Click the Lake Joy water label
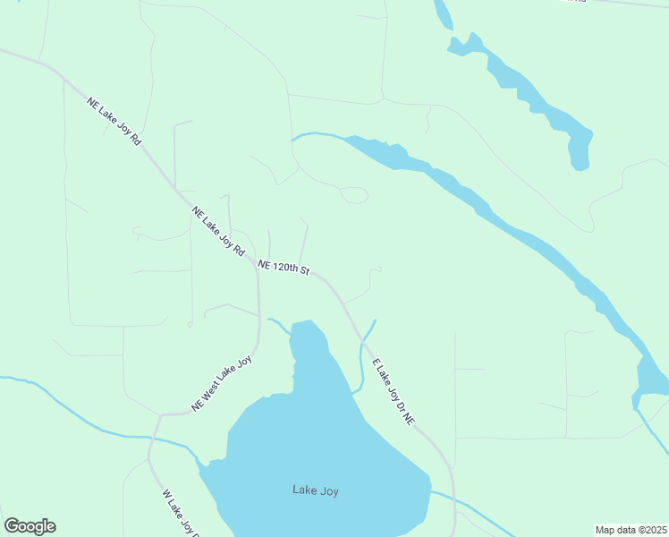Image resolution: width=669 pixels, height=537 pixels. (316, 490)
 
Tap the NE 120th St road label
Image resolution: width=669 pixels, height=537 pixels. (283, 268)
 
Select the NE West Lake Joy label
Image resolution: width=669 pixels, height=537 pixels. (223, 384)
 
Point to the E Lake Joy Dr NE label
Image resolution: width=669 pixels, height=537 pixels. (394, 391)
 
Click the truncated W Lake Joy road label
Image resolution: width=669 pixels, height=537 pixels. (179, 513)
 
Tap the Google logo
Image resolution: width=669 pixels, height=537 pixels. (30, 526)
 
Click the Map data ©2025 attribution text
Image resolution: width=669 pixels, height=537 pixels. (631, 530)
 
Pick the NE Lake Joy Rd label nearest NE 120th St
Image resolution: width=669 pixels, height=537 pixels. (218, 232)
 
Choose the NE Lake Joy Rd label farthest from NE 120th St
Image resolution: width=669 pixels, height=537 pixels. (114, 121)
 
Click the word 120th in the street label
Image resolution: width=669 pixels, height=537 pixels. (284, 268)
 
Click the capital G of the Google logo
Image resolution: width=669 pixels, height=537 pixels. (11, 526)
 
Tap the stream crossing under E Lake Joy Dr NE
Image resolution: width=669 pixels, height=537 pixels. (362, 341)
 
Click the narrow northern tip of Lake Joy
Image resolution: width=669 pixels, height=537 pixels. (302, 325)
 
